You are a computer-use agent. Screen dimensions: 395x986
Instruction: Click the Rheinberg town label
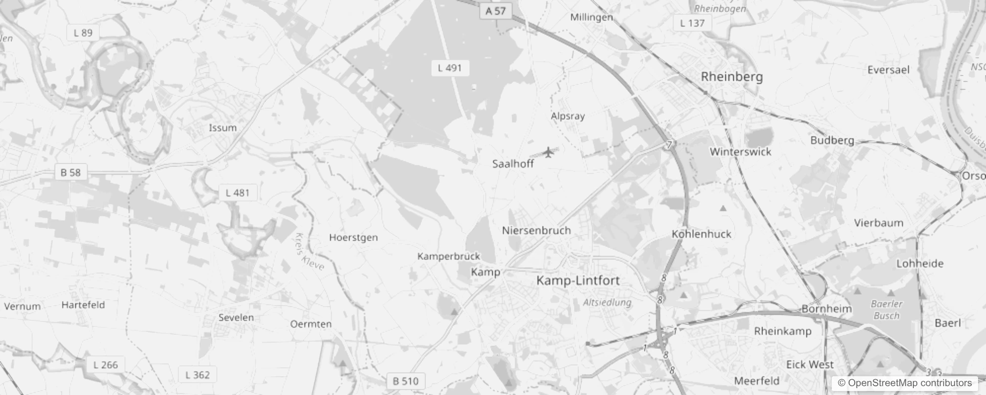[732, 77]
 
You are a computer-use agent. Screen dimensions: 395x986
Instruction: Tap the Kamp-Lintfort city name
[578, 280]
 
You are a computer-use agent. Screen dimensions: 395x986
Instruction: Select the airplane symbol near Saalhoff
[548, 152]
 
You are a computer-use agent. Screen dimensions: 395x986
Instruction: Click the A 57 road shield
[495, 11]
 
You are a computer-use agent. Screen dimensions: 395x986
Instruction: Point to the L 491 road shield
[450, 68]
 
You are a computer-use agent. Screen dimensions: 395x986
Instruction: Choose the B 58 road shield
[71, 172]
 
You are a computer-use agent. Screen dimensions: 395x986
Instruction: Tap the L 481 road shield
[238, 193]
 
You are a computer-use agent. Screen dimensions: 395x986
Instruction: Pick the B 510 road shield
[406, 381]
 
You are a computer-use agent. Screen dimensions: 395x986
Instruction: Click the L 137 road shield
[692, 23]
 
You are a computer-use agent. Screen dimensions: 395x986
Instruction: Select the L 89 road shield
[83, 33]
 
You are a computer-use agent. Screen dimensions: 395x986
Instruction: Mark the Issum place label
[223, 128]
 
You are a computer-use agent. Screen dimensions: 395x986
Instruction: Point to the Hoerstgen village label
[353, 237]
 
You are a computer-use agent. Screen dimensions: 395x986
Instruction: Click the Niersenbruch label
[536, 230]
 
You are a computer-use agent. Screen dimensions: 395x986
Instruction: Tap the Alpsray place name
[568, 116]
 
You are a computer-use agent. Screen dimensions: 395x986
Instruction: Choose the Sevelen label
[236, 317]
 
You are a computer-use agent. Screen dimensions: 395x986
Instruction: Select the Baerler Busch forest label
[887, 310]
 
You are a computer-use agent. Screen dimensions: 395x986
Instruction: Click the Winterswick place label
[740, 152]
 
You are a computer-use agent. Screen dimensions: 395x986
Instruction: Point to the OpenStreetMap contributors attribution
[904, 383]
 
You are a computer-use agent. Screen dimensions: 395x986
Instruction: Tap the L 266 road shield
[106, 365]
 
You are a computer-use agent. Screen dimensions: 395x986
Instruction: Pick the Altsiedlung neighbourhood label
[607, 302]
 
